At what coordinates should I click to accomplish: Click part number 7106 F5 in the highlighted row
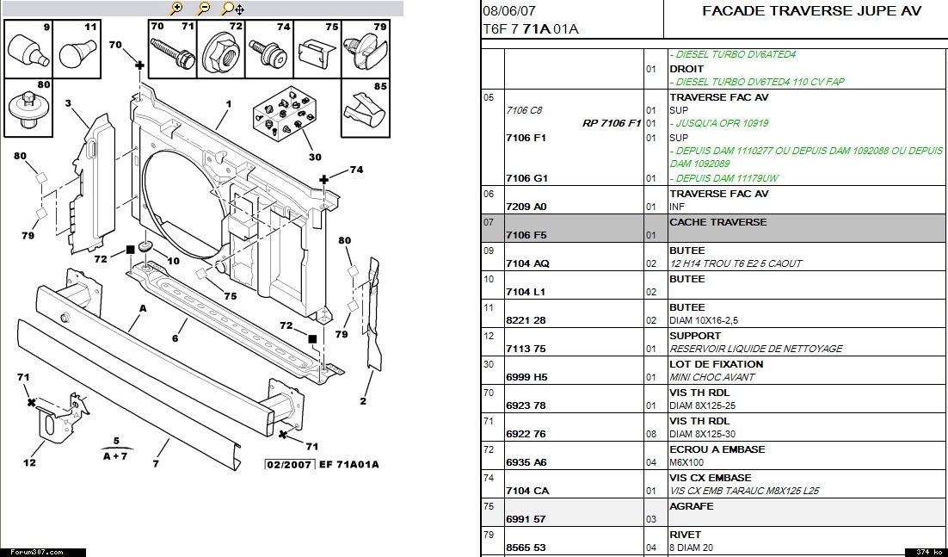pos(526,235)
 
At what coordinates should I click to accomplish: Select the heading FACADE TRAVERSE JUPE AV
pos(811,11)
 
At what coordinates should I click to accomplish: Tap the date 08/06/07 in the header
pos(508,11)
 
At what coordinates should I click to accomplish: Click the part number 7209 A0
pos(526,207)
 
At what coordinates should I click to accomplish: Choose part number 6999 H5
pos(526,377)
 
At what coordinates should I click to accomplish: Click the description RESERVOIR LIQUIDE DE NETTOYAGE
pos(755,349)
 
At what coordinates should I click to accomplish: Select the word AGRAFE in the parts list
pos(692,506)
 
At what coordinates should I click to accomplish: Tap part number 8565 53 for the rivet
pos(526,548)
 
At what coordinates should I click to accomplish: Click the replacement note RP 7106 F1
pos(612,123)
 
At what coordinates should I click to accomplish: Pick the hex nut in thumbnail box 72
pos(221,56)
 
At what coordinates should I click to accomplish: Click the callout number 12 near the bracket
pos(29,462)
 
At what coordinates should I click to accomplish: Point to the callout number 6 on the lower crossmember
pos(175,338)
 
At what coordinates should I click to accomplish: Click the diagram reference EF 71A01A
pos(348,465)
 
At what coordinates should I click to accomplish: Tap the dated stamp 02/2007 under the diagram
pos(290,465)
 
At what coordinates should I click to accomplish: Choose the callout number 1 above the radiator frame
pos(229,104)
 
